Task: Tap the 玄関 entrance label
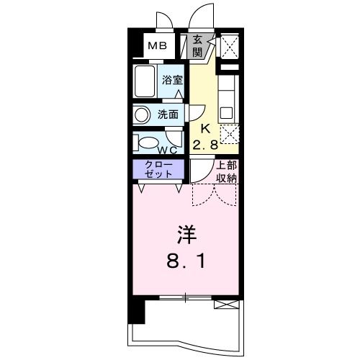(197, 47)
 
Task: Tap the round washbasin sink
(142, 114)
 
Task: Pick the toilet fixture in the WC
(147, 141)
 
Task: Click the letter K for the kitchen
(204, 130)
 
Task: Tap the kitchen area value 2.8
(205, 145)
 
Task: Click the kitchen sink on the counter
(227, 112)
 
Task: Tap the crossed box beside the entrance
(230, 48)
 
